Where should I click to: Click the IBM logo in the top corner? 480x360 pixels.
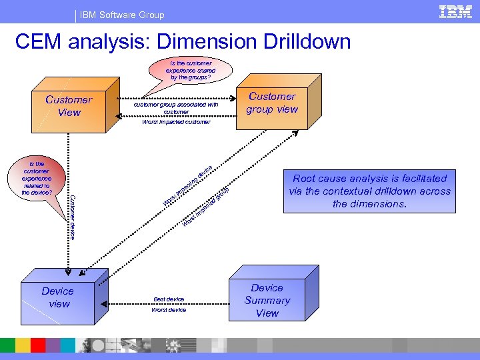click(456, 12)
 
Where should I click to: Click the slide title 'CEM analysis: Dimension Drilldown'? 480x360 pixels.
click(182, 41)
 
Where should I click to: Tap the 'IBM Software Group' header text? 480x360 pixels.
click(122, 15)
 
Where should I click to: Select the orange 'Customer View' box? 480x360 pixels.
click(69, 107)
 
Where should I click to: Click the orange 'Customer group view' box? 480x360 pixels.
click(272, 103)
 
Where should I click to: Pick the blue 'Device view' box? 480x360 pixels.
click(59, 298)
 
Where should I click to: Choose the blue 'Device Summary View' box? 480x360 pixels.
click(267, 301)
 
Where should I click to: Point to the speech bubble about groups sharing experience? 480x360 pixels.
click(190, 69)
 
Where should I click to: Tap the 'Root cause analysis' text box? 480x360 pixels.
click(369, 191)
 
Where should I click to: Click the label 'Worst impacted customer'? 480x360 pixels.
click(176, 122)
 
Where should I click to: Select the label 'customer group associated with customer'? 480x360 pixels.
click(176, 107)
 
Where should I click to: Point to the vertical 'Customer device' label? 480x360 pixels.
click(73, 216)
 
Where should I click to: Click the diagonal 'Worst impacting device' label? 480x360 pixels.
click(188, 185)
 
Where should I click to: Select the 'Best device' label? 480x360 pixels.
click(169, 299)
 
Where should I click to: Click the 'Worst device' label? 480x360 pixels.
click(169, 310)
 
